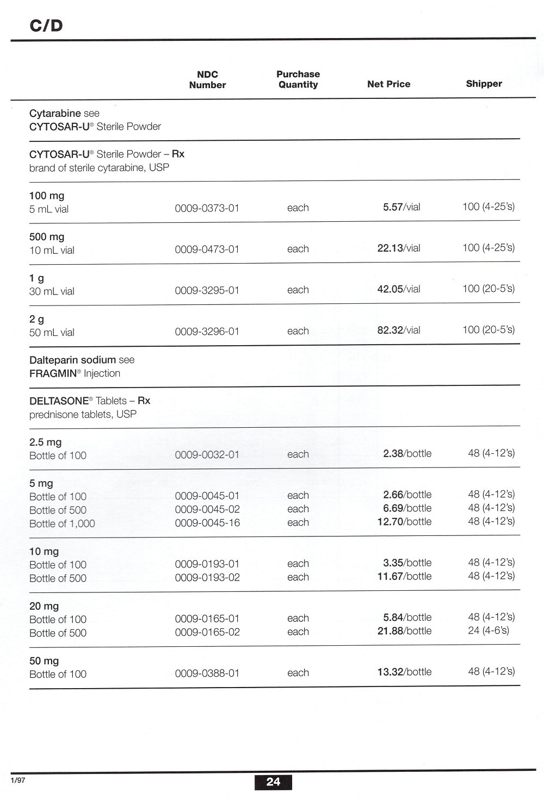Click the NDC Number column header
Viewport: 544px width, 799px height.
(207, 79)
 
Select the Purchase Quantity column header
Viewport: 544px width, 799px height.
(298, 79)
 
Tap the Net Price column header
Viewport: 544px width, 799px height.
(388, 84)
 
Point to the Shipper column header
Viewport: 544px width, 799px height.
(484, 83)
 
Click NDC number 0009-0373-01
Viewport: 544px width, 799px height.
(207, 208)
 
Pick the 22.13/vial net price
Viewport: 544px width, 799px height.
(399, 248)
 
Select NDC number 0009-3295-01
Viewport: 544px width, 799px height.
(207, 290)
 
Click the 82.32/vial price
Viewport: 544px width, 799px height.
(399, 330)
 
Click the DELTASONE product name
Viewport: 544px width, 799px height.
(59, 401)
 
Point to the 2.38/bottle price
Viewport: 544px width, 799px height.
(407, 454)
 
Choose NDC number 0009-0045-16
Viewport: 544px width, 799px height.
(207, 523)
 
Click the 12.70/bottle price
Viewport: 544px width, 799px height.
(404, 522)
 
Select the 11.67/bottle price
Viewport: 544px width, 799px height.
(404, 577)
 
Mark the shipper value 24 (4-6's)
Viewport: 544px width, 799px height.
(489, 631)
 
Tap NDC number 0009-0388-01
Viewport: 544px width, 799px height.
(207, 673)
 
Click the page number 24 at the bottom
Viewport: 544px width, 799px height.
(273, 782)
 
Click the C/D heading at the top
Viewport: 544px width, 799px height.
(46, 26)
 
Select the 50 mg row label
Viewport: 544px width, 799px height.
(44, 661)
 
